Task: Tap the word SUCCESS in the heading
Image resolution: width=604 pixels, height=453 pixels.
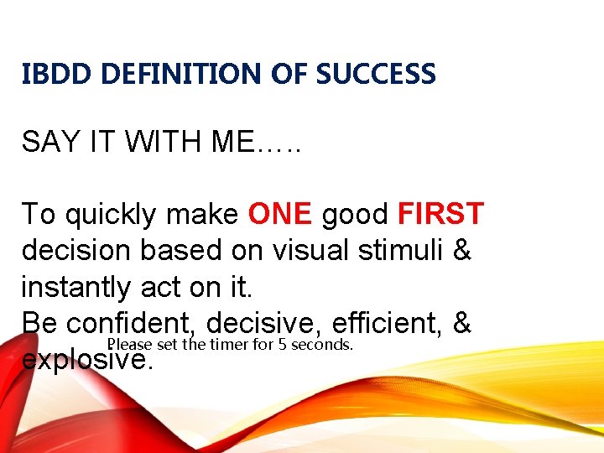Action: pyautogui.click(x=376, y=75)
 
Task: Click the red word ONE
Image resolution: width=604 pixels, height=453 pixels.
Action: pyautogui.click(x=280, y=214)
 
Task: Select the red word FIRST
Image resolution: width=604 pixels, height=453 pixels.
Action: pyautogui.click(x=440, y=214)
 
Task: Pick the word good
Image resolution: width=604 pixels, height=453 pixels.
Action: pyautogui.click(x=355, y=216)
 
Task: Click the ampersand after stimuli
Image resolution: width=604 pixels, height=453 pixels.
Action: pyautogui.click(x=461, y=251)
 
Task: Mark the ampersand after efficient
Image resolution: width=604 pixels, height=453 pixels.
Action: pyautogui.click(x=463, y=323)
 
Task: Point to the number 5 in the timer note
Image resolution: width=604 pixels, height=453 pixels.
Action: pyautogui.click(x=283, y=345)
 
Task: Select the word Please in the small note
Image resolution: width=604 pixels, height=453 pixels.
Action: pyautogui.click(x=126, y=345)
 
